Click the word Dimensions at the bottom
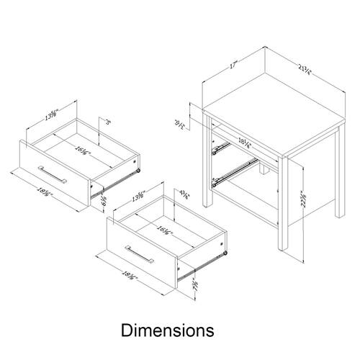click(167, 330)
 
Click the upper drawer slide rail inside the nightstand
click(221, 148)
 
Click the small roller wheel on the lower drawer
click(225, 253)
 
